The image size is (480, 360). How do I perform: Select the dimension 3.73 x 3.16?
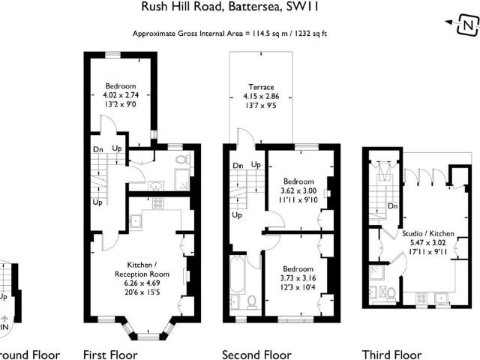(x=298, y=279)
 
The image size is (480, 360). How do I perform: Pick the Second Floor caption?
(x=256, y=354)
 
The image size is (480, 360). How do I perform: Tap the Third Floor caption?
(x=391, y=354)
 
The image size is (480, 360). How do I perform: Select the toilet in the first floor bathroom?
(x=181, y=160)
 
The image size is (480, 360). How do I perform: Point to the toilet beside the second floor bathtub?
(x=252, y=301)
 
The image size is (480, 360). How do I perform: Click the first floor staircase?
(x=97, y=178)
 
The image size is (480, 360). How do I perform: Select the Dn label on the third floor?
(x=391, y=206)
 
